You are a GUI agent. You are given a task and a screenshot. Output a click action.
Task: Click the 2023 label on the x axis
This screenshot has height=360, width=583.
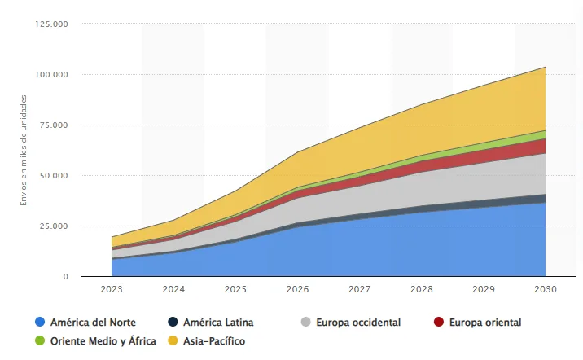point(112,289)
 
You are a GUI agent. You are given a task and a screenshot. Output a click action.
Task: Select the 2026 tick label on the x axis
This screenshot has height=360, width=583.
point(297,289)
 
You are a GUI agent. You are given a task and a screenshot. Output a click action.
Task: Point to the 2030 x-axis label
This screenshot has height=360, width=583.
point(545,289)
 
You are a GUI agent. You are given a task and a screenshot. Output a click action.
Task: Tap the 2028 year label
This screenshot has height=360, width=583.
point(421,289)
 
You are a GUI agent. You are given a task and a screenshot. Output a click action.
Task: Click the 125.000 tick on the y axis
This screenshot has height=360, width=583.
point(51,24)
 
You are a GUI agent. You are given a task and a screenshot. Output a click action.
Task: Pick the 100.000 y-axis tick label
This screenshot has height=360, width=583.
point(51,74)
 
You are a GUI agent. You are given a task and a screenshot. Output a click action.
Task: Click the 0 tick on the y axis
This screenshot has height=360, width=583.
point(64,277)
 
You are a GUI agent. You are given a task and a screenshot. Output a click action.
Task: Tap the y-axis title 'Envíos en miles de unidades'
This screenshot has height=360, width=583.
point(24,150)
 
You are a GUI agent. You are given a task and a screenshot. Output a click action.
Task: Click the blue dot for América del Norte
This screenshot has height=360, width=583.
point(39,323)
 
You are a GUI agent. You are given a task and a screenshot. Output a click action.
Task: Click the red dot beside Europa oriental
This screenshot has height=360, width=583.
point(439,323)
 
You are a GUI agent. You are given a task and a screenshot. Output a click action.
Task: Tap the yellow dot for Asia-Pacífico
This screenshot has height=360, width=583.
point(173,341)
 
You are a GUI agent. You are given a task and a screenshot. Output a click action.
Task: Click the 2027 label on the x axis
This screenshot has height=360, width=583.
point(359,289)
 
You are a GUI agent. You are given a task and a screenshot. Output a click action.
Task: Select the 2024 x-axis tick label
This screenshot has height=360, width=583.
point(173,289)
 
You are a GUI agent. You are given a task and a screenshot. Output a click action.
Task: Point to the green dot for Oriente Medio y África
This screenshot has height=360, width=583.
point(39,341)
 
